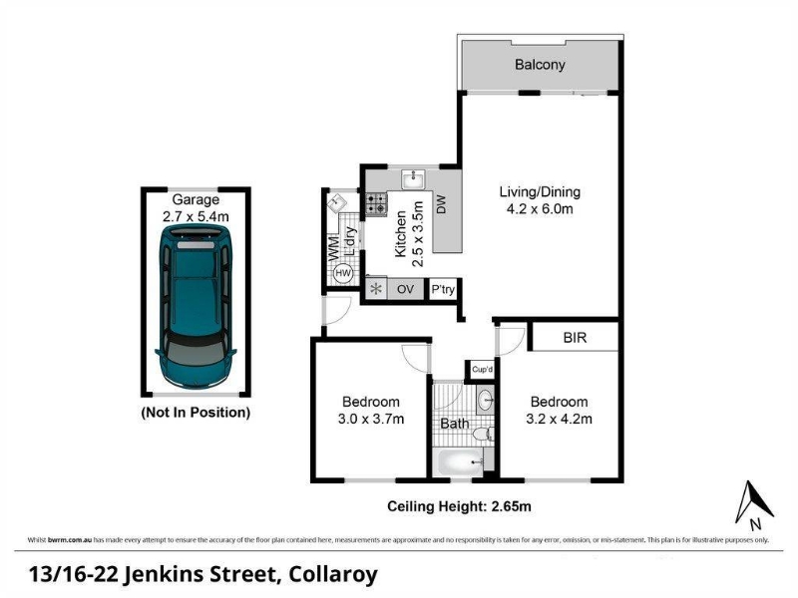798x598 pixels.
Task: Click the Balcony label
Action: click(x=540, y=65)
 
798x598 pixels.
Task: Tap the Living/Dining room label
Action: click(x=540, y=191)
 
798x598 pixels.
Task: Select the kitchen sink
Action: click(x=415, y=179)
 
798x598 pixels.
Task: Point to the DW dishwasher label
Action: click(x=441, y=204)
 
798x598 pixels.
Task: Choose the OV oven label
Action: click(x=405, y=289)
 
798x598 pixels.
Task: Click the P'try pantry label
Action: click(x=443, y=289)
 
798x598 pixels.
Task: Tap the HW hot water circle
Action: click(x=343, y=273)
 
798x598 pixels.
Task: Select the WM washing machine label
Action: click(x=334, y=248)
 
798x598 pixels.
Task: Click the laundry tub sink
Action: click(x=336, y=203)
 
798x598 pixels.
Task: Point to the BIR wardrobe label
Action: click(x=576, y=338)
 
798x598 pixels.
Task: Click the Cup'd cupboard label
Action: click(x=483, y=369)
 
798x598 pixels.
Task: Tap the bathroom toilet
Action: click(x=482, y=435)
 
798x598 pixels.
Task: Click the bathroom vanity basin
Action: click(x=486, y=401)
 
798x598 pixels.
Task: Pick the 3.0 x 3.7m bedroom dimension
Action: click(x=371, y=419)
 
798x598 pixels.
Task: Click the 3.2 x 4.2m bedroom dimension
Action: click(x=560, y=419)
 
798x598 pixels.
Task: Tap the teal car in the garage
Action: click(x=196, y=306)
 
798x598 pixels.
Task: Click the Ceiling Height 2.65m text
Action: click(x=459, y=506)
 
